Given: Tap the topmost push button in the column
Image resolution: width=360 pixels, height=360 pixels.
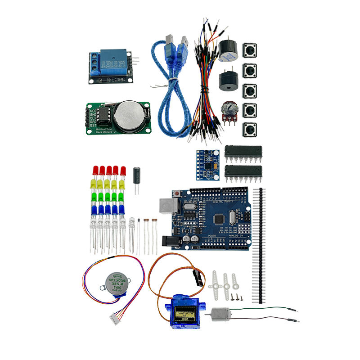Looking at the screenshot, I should [250, 50].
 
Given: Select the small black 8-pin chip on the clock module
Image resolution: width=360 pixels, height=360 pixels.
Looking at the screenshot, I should [103, 116].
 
